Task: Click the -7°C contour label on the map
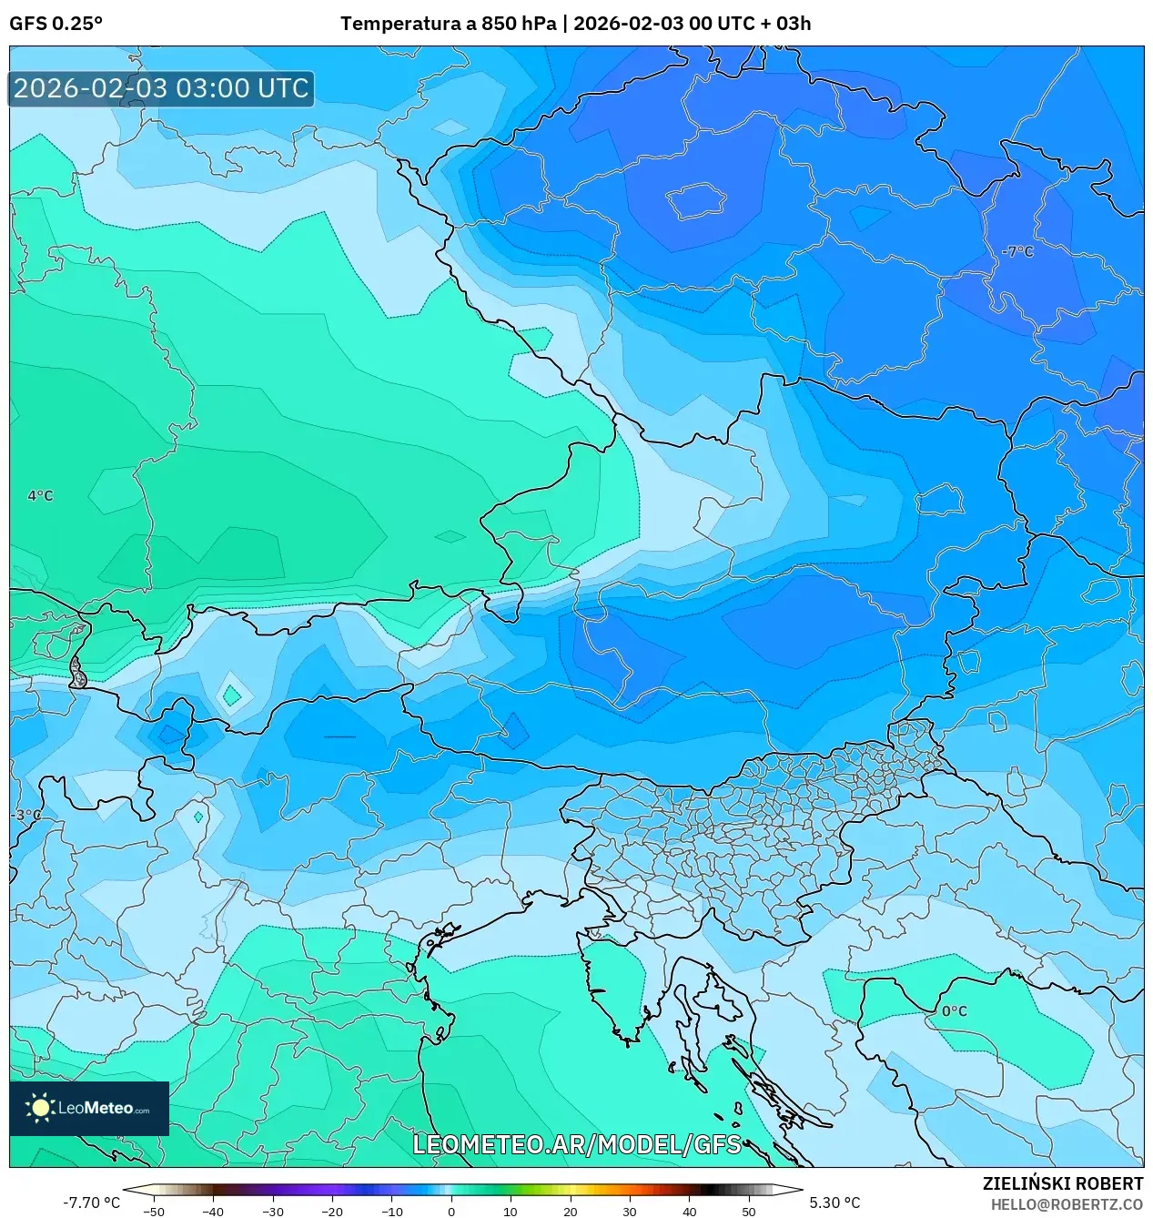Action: (x=1017, y=251)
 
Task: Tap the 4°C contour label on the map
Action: (x=40, y=495)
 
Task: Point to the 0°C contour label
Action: (x=955, y=1010)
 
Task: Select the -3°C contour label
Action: (x=26, y=815)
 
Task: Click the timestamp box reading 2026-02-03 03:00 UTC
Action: (x=161, y=88)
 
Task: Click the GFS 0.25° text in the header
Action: (x=56, y=24)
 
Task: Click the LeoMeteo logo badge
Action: (x=89, y=1108)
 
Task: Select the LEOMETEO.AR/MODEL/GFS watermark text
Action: (x=577, y=1144)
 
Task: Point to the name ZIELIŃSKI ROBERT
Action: (x=1062, y=1183)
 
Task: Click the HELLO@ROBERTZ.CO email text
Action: (x=1067, y=1204)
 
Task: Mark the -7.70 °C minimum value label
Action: (x=91, y=1203)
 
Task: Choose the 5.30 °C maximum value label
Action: (x=834, y=1203)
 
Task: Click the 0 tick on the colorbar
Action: (x=451, y=1212)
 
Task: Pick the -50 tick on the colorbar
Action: (x=154, y=1212)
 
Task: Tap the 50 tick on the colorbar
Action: (x=749, y=1212)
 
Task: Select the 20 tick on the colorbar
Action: (x=571, y=1212)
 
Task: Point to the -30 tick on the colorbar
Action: (x=273, y=1212)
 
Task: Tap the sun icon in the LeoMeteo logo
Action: (x=40, y=1108)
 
